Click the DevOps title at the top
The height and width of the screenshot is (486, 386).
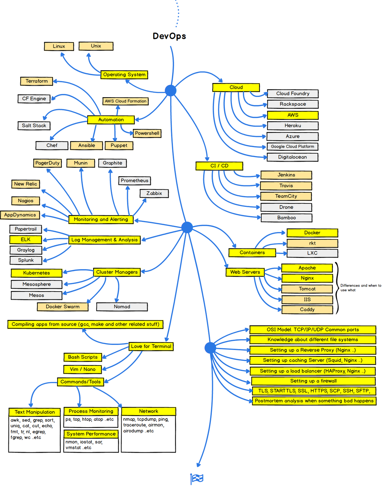[169, 36]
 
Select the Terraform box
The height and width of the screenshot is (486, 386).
[37, 81]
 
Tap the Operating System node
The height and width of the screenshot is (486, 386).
[124, 75]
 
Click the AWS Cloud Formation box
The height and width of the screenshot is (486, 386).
[125, 101]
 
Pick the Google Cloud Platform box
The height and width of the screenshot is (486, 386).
[292, 146]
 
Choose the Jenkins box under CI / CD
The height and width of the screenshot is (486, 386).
[286, 175]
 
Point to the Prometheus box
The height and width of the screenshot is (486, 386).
[135, 181]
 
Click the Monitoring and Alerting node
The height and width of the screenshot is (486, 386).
[101, 219]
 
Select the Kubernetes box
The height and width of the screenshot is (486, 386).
[37, 273]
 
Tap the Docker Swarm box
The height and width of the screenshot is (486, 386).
[63, 306]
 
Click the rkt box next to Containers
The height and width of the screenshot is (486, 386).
[312, 243]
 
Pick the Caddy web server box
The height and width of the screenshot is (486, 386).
[307, 309]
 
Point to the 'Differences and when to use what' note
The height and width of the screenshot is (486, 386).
[360, 288]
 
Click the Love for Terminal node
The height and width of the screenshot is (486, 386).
[151, 346]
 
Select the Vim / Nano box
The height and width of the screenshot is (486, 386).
[82, 369]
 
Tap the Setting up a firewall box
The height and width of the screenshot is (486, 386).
[313, 381]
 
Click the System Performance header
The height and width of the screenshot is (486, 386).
[91, 434]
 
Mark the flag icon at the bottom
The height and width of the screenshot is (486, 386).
[197, 479]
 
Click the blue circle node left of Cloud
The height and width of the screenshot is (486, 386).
[171, 90]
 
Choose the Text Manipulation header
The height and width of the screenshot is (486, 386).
[34, 412]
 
